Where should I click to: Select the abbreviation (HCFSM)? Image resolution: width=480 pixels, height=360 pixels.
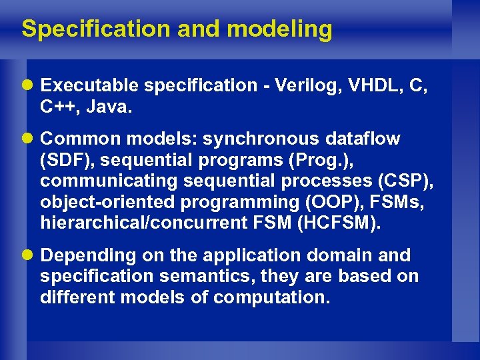point(344,222)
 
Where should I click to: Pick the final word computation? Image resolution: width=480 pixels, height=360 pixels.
point(271,297)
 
